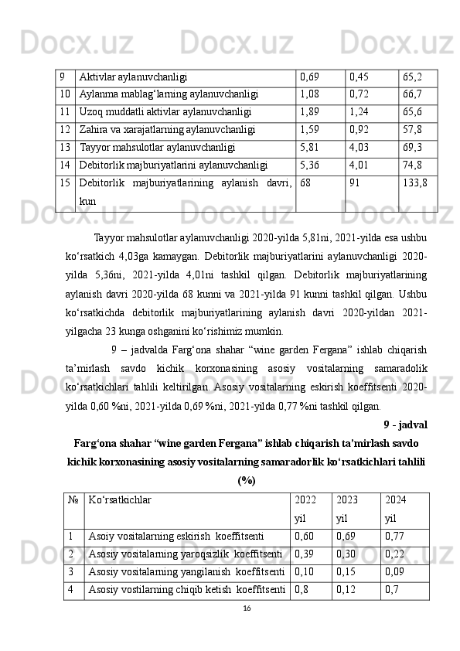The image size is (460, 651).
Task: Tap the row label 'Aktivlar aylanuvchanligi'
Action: tap(133, 77)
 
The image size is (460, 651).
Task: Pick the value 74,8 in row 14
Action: tap(412, 164)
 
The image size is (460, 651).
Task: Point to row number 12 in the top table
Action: tap(64, 128)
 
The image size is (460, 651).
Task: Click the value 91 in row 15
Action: tap(355, 184)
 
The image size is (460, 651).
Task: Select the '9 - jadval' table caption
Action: tap(406, 424)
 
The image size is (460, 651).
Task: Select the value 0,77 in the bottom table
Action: tap(394, 534)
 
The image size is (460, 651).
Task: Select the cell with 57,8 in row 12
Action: tap(412, 128)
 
